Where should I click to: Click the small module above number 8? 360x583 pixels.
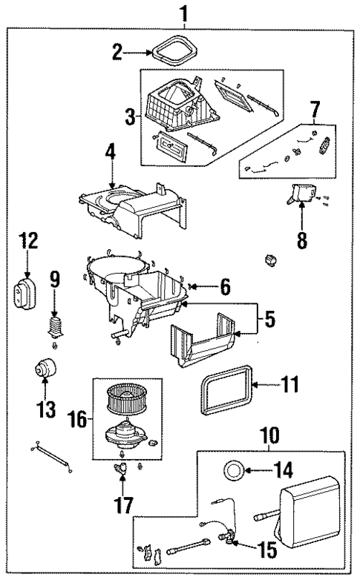[x=303, y=194]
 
